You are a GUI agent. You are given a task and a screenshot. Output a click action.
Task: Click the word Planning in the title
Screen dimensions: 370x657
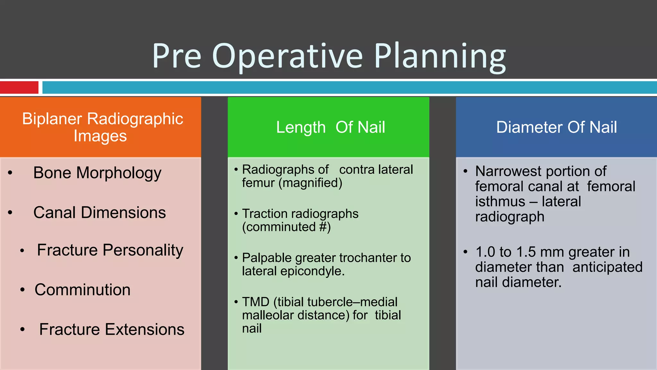coord(440,56)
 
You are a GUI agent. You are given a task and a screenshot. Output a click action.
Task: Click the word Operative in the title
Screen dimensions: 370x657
coord(287,56)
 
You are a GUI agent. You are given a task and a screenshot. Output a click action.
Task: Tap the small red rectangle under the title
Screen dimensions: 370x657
coord(19,87)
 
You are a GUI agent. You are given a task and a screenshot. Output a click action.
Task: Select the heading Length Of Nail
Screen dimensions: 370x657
coord(330,127)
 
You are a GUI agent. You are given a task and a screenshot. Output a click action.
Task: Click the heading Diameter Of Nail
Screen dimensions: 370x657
coord(556,127)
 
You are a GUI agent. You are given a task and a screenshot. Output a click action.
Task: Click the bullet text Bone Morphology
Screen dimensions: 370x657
coord(97,173)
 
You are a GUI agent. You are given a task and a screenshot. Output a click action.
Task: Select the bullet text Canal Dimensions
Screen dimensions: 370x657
coord(99,213)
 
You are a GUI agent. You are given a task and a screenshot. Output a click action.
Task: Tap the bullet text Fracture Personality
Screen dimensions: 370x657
coord(110,250)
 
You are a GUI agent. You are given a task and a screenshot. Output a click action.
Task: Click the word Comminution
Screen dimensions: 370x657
coord(82,290)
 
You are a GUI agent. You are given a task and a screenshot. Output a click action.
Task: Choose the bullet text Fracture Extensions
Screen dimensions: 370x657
coord(112,330)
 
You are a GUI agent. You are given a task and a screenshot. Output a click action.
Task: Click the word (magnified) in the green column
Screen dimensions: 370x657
coord(310,183)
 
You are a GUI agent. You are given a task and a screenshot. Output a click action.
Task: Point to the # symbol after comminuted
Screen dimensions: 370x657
coord(323,227)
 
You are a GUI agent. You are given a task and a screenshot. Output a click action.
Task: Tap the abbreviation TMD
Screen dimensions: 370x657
coord(256,302)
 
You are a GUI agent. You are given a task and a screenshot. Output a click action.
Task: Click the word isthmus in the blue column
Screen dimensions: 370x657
coord(500,202)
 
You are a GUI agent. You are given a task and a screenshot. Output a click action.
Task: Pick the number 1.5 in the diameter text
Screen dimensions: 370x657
coord(526,252)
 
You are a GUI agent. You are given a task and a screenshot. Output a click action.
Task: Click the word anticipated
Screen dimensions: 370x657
coord(607,267)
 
